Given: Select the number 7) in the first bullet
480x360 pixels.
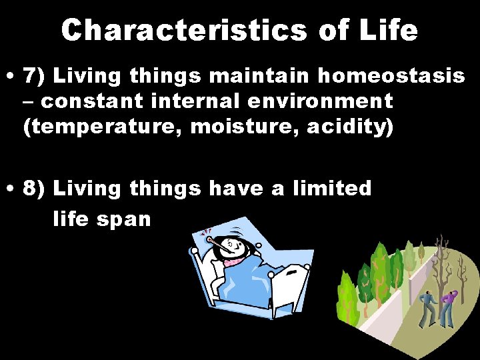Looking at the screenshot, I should [x=36, y=76].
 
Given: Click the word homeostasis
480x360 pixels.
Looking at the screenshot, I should [x=391, y=76].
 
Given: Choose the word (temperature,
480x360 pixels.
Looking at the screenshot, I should [x=104, y=127].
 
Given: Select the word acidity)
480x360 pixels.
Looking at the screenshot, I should [x=347, y=127].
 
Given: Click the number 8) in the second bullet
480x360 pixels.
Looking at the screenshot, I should [x=36, y=189].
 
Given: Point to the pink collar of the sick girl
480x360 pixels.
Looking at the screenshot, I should [x=233, y=262].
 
